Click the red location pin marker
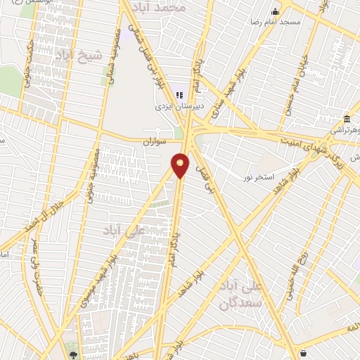tap(181, 164)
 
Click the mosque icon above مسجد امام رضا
tap(276, 11)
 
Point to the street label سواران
tap(155, 141)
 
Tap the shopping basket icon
tap(303, 352)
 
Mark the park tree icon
tap(74, 354)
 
